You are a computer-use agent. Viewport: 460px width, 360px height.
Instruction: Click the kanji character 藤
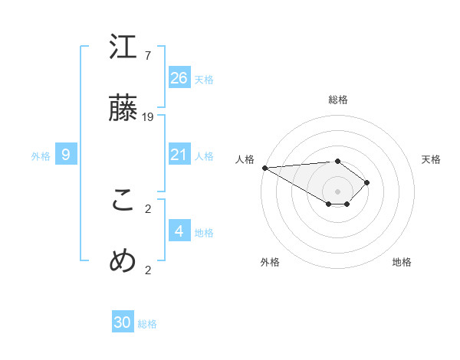pos(123,109)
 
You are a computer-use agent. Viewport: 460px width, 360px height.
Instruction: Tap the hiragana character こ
pos(123,201)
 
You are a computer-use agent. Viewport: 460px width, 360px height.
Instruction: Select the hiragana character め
pos(123,261)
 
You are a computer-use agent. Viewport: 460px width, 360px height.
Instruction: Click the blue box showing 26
pos(179,77)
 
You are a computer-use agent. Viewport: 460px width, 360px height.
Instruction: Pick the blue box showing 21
pos(179,155)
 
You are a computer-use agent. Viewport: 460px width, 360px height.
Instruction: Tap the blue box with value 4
pos(179,231)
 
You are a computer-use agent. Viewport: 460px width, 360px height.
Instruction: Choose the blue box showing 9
pos(66,155)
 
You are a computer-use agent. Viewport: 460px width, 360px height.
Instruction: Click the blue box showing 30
pos(123,322)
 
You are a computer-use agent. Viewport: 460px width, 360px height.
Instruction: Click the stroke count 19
pos(148,116)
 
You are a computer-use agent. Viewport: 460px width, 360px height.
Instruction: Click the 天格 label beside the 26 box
pos(204,79)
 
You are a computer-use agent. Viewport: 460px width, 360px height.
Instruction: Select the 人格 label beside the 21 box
pos(204,156)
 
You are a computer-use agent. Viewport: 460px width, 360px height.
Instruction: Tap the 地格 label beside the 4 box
pos(204,232)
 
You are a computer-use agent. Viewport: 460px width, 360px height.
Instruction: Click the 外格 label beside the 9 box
pos(41,156)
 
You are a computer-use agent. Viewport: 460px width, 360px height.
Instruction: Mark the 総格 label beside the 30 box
pos(147,324)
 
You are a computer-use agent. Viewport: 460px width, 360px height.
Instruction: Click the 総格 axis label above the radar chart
pos(337,100)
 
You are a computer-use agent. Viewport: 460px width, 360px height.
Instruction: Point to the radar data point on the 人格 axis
pos(264,168)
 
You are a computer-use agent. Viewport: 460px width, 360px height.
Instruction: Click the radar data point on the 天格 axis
pos(368,182)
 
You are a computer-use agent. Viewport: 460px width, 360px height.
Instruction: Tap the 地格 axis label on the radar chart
pos(402,262)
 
